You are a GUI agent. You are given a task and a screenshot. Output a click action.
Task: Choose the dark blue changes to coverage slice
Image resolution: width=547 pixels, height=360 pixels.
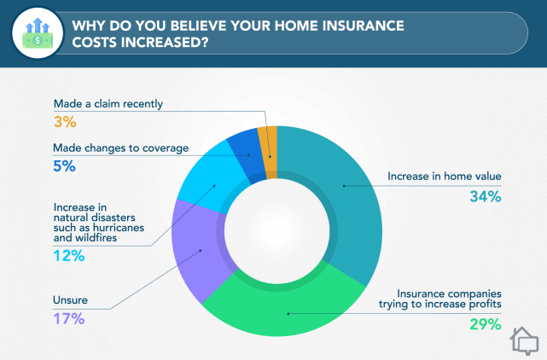pyautogui.click(x=243, y=145)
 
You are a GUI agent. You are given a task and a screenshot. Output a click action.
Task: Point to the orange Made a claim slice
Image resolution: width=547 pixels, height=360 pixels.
pyautogui.click(x=268, y=140)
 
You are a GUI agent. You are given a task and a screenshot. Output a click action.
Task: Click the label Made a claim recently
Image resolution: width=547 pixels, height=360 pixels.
pyautogui.click(x=108, y=104)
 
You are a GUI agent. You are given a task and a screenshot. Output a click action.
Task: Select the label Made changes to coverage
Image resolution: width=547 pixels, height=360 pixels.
pyautogui.click(x=120, y=148)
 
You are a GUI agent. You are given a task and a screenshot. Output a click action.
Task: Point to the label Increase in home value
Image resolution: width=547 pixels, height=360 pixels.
pyautogui.click(x=444, y=177)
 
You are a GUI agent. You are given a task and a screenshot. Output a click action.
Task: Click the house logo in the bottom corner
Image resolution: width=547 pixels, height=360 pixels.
pyautogui.click(x=525, y=341)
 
